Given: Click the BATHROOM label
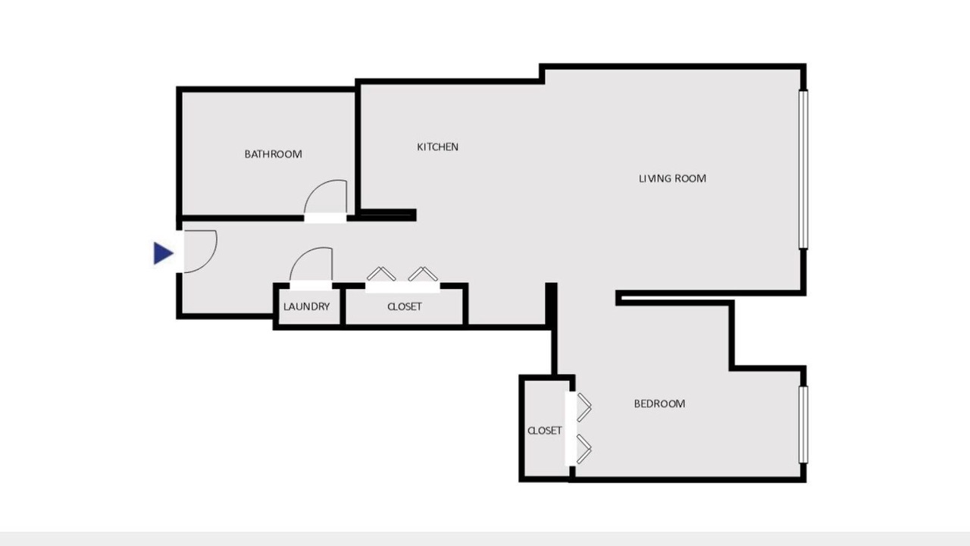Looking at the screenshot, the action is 274,154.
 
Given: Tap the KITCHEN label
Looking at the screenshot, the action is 437,147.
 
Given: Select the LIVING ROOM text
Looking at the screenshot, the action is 672,178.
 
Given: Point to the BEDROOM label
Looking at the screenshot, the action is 659,404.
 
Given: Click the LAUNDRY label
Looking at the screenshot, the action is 307,307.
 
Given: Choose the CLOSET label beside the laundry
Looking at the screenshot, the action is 405,307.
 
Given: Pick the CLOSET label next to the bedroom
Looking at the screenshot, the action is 545,431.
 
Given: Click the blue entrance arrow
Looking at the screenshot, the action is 163,253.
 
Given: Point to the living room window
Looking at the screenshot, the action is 803,169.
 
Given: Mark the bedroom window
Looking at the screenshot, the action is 803,425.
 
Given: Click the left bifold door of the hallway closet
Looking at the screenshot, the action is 381,273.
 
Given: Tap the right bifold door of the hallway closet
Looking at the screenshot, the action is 423,273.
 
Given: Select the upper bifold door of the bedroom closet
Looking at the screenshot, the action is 584,407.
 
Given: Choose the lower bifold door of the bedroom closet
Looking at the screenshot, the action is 584,449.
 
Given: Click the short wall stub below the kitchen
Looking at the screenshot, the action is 386,215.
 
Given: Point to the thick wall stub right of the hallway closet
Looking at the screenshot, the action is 551,304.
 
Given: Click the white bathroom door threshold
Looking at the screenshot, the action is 325,218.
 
